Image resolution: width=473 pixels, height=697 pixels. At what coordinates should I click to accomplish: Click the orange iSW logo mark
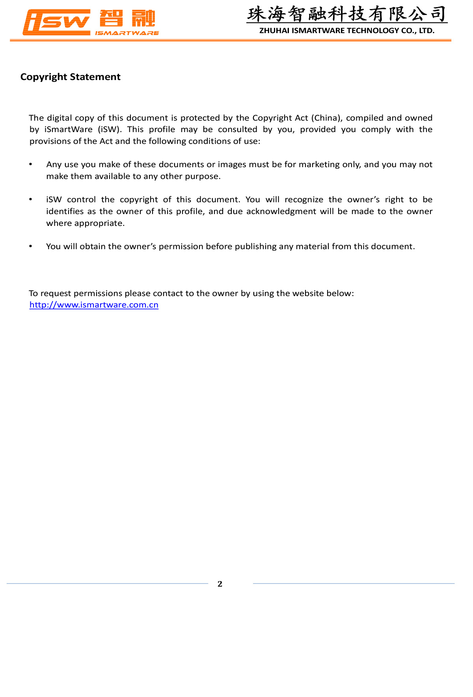tap(56, 22)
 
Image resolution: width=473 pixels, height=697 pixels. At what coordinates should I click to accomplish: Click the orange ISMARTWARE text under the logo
tap(127, 33)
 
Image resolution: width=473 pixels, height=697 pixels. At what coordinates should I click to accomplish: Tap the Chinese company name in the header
tap(347, 14)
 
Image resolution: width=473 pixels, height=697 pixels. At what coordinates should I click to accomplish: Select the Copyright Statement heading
tap(70, 77)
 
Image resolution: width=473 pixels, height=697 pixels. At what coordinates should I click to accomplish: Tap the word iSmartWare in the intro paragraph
tap(68, 130)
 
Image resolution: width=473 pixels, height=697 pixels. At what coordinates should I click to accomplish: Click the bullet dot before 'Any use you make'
tap(31, 164)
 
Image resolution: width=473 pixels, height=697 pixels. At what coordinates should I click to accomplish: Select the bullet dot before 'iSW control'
tap(31, 199)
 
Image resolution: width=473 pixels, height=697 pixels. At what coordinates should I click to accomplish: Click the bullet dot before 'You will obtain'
tap(31, 246)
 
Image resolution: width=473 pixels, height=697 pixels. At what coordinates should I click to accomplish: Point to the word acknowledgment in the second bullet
tap(281, 211)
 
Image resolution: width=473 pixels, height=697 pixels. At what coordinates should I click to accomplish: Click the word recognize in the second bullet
tap(304, 199)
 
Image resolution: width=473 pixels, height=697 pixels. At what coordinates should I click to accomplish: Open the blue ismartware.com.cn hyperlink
tap(94, 305)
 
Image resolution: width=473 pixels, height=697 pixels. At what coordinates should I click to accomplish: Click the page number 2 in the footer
tap(220, 584)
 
